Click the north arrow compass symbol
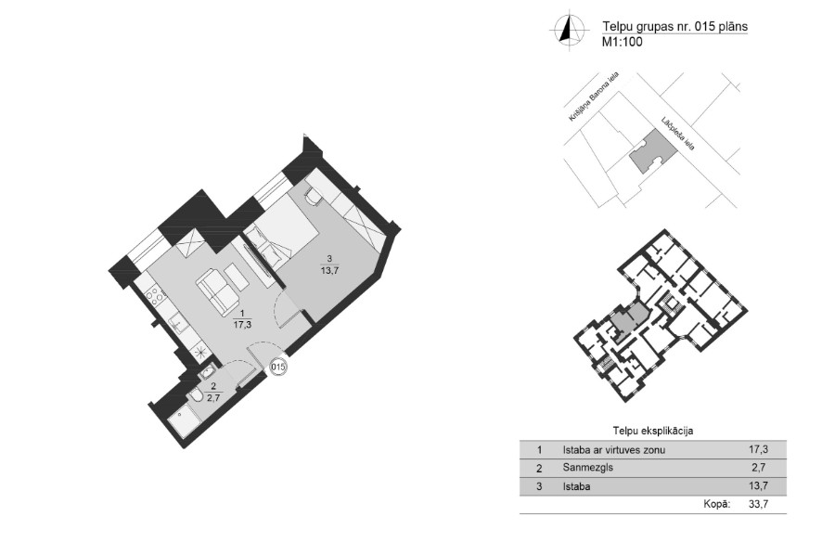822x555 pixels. [x=566, y=30]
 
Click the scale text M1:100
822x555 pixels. [x=623, y=43]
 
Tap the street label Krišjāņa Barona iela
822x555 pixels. [x=594, y=97]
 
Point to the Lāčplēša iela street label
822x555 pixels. [x=677, y=134]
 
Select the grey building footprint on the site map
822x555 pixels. [x=651, y=151]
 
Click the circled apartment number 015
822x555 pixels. [x=278, y=367]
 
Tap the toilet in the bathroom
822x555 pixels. [x=197, y=396]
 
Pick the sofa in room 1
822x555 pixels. [x=217, y=288]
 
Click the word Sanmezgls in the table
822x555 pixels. [x=587, y=468]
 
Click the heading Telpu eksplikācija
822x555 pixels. [x=653, y=432]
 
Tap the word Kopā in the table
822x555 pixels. [x=716, y=504]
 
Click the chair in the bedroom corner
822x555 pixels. [x=314, y=197]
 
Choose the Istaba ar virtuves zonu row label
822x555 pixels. [x=614, y=449]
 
